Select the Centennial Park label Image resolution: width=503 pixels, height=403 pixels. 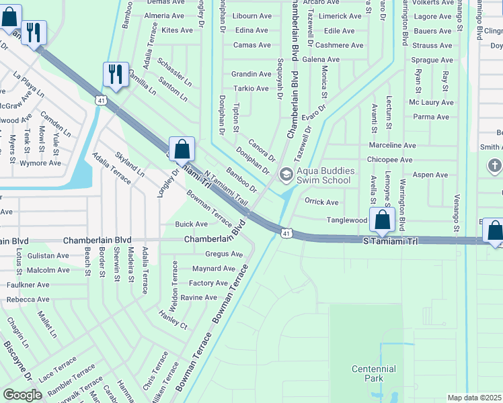374,373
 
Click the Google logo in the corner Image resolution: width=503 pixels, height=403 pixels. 22,395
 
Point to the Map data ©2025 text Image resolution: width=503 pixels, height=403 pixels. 475,398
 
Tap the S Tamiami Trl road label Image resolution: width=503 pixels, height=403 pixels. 390,240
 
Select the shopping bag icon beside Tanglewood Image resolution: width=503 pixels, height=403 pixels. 382,220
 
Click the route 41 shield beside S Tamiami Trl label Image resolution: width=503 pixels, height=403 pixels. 286,232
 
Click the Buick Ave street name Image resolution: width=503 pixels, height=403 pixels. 191,224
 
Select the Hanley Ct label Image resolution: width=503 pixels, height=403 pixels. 173,319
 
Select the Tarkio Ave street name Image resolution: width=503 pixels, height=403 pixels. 251,89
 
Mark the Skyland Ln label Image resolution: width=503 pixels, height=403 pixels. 129,163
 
